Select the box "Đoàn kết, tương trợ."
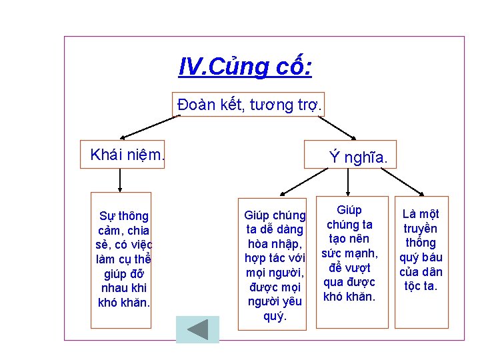click(x=249, y=105)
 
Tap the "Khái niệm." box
click(x=122, y=155)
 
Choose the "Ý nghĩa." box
click(x=351, y=155)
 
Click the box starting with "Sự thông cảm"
click(x=121, y=260)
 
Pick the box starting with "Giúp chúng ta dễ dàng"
click(x=273, y=264)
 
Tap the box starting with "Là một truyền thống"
click(x=421, y=261)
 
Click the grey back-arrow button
click(x=197, y=329)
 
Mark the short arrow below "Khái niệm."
click(x=120, y=179)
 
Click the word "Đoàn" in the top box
click(x=193, y=105)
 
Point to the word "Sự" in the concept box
click(x=107, y=216)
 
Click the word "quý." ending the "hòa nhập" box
click(x=275, y=315)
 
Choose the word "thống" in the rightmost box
click(x=421, y=243)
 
